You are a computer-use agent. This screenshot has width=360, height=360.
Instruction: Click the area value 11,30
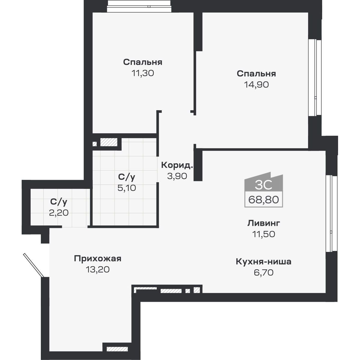[x=142, y=73]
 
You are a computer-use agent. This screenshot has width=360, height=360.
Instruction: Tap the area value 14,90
[x=256, y=85]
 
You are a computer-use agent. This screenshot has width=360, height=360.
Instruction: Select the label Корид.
[x=177, y=165]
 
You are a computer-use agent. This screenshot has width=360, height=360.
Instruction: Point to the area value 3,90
[x=177, y=176]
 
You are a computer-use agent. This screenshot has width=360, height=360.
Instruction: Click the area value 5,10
[x=126, y=188]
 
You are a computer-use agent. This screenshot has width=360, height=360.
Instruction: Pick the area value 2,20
[x=59, y=213]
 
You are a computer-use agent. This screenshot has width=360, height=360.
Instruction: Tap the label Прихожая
[x=98, y=259]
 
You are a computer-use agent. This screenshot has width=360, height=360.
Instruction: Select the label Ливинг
[x=264, y=223]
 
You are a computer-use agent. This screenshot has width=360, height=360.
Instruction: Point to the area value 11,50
[x=264, y=234]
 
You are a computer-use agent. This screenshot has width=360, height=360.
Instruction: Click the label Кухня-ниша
[x=263, y=262]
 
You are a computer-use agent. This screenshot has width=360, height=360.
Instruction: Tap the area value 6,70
[x=263, y=273]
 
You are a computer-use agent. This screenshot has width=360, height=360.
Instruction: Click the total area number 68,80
[x=264, y=199]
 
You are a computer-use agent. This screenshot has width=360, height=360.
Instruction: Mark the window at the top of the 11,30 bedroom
[x=139, y=7]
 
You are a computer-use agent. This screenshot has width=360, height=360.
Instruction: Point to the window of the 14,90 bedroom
[x=315, y=77]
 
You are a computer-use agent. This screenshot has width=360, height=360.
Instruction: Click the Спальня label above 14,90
[x=256, y=74]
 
